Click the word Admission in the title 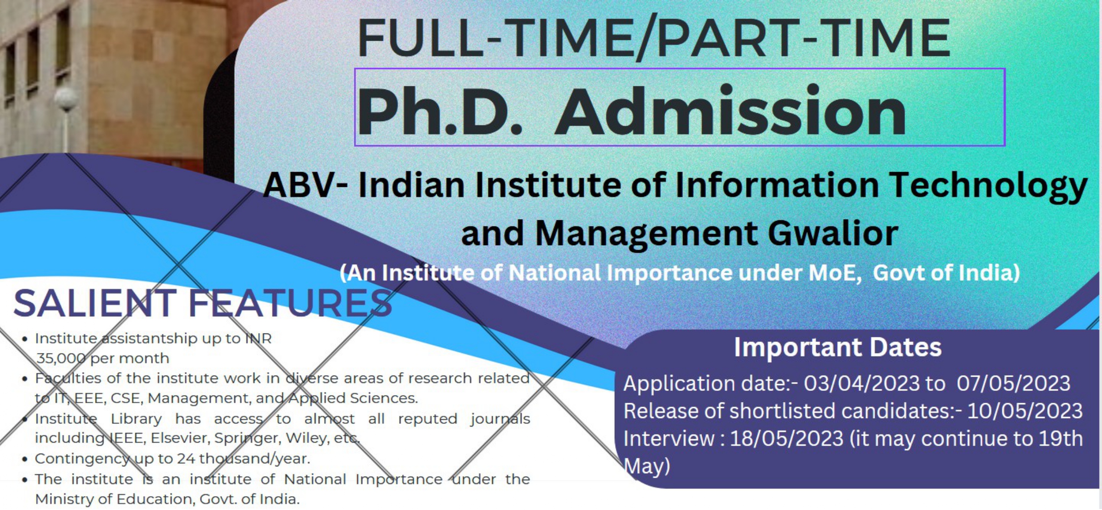tap(730, 112)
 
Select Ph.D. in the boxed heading tap(440, 112)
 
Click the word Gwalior tap(833, 233)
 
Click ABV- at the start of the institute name tap(305, 185)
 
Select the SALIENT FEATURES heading tap(203, 303)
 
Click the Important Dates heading tap(837, 347)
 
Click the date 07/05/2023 tap(1013, 383)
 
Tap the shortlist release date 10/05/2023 tap(1025, 411)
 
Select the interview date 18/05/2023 tap(786, 438)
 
